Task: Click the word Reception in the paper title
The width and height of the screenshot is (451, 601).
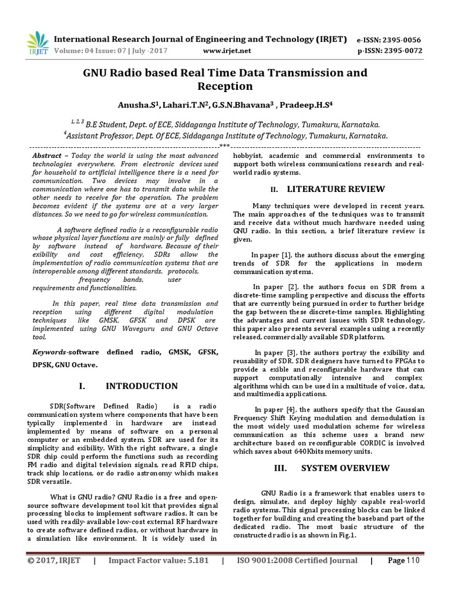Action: [x=225, y=87]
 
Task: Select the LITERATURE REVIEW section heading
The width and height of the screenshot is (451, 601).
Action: [x=336, y=189]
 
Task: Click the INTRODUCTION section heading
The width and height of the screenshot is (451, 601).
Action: [x=142, y=386]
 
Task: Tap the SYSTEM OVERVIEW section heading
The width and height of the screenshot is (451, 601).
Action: [x=345, y=468]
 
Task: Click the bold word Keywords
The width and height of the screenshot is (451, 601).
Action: [x=49, y=351]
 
